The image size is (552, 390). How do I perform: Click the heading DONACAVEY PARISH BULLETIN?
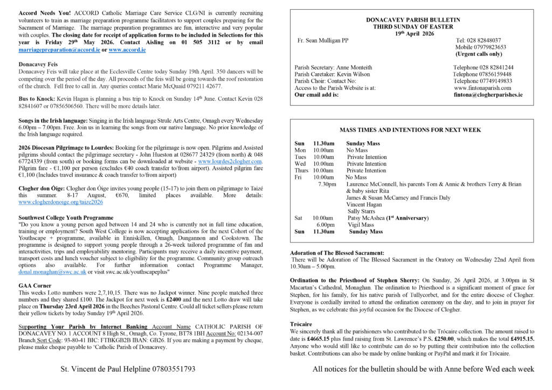pos(413,20)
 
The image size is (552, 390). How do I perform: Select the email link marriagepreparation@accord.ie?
pos(59,50)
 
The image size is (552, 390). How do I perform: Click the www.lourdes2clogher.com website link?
pos(230,161)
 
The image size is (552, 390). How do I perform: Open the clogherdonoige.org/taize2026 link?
pos(60,203)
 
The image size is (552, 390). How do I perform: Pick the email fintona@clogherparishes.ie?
pos(488,95)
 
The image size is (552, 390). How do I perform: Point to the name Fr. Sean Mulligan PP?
pos(323,40)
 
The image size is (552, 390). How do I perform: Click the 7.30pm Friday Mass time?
pos(327,184)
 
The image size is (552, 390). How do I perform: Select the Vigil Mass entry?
pos(361,225)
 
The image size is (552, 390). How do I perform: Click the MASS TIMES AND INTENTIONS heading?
pos(410,130)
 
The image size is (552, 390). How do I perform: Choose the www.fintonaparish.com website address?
pos(482,88)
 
